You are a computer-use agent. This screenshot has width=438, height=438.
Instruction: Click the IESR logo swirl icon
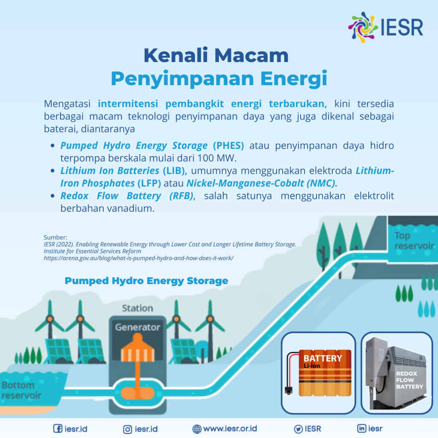click(x=363, y=26)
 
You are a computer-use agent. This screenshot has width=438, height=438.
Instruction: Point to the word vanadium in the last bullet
click(x=133, y=208)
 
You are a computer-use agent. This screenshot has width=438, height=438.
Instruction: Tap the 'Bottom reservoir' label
click(x=21, y=390)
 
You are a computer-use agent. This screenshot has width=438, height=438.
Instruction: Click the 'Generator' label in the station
click(x=137, y=328)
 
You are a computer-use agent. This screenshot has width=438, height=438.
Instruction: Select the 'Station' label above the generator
click(x=137, y=308)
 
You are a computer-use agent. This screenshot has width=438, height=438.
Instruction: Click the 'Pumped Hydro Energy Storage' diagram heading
click(x=146, y=281)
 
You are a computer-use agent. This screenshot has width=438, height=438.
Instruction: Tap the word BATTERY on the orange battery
click(x=323, y=358)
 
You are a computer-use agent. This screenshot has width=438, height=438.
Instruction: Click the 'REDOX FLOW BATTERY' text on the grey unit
click(x=409, y=380)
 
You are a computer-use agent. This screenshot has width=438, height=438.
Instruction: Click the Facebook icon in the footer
click(x=57, y=429)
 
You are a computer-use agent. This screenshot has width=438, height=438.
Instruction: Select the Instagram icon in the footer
click(x=127, y=429)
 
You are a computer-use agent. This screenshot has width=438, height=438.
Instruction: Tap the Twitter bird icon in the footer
click(x=299, y=429)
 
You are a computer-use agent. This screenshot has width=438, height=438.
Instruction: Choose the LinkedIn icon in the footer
click(x=362, y=429)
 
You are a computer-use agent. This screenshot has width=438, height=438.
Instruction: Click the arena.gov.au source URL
click(x=138, y=258)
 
